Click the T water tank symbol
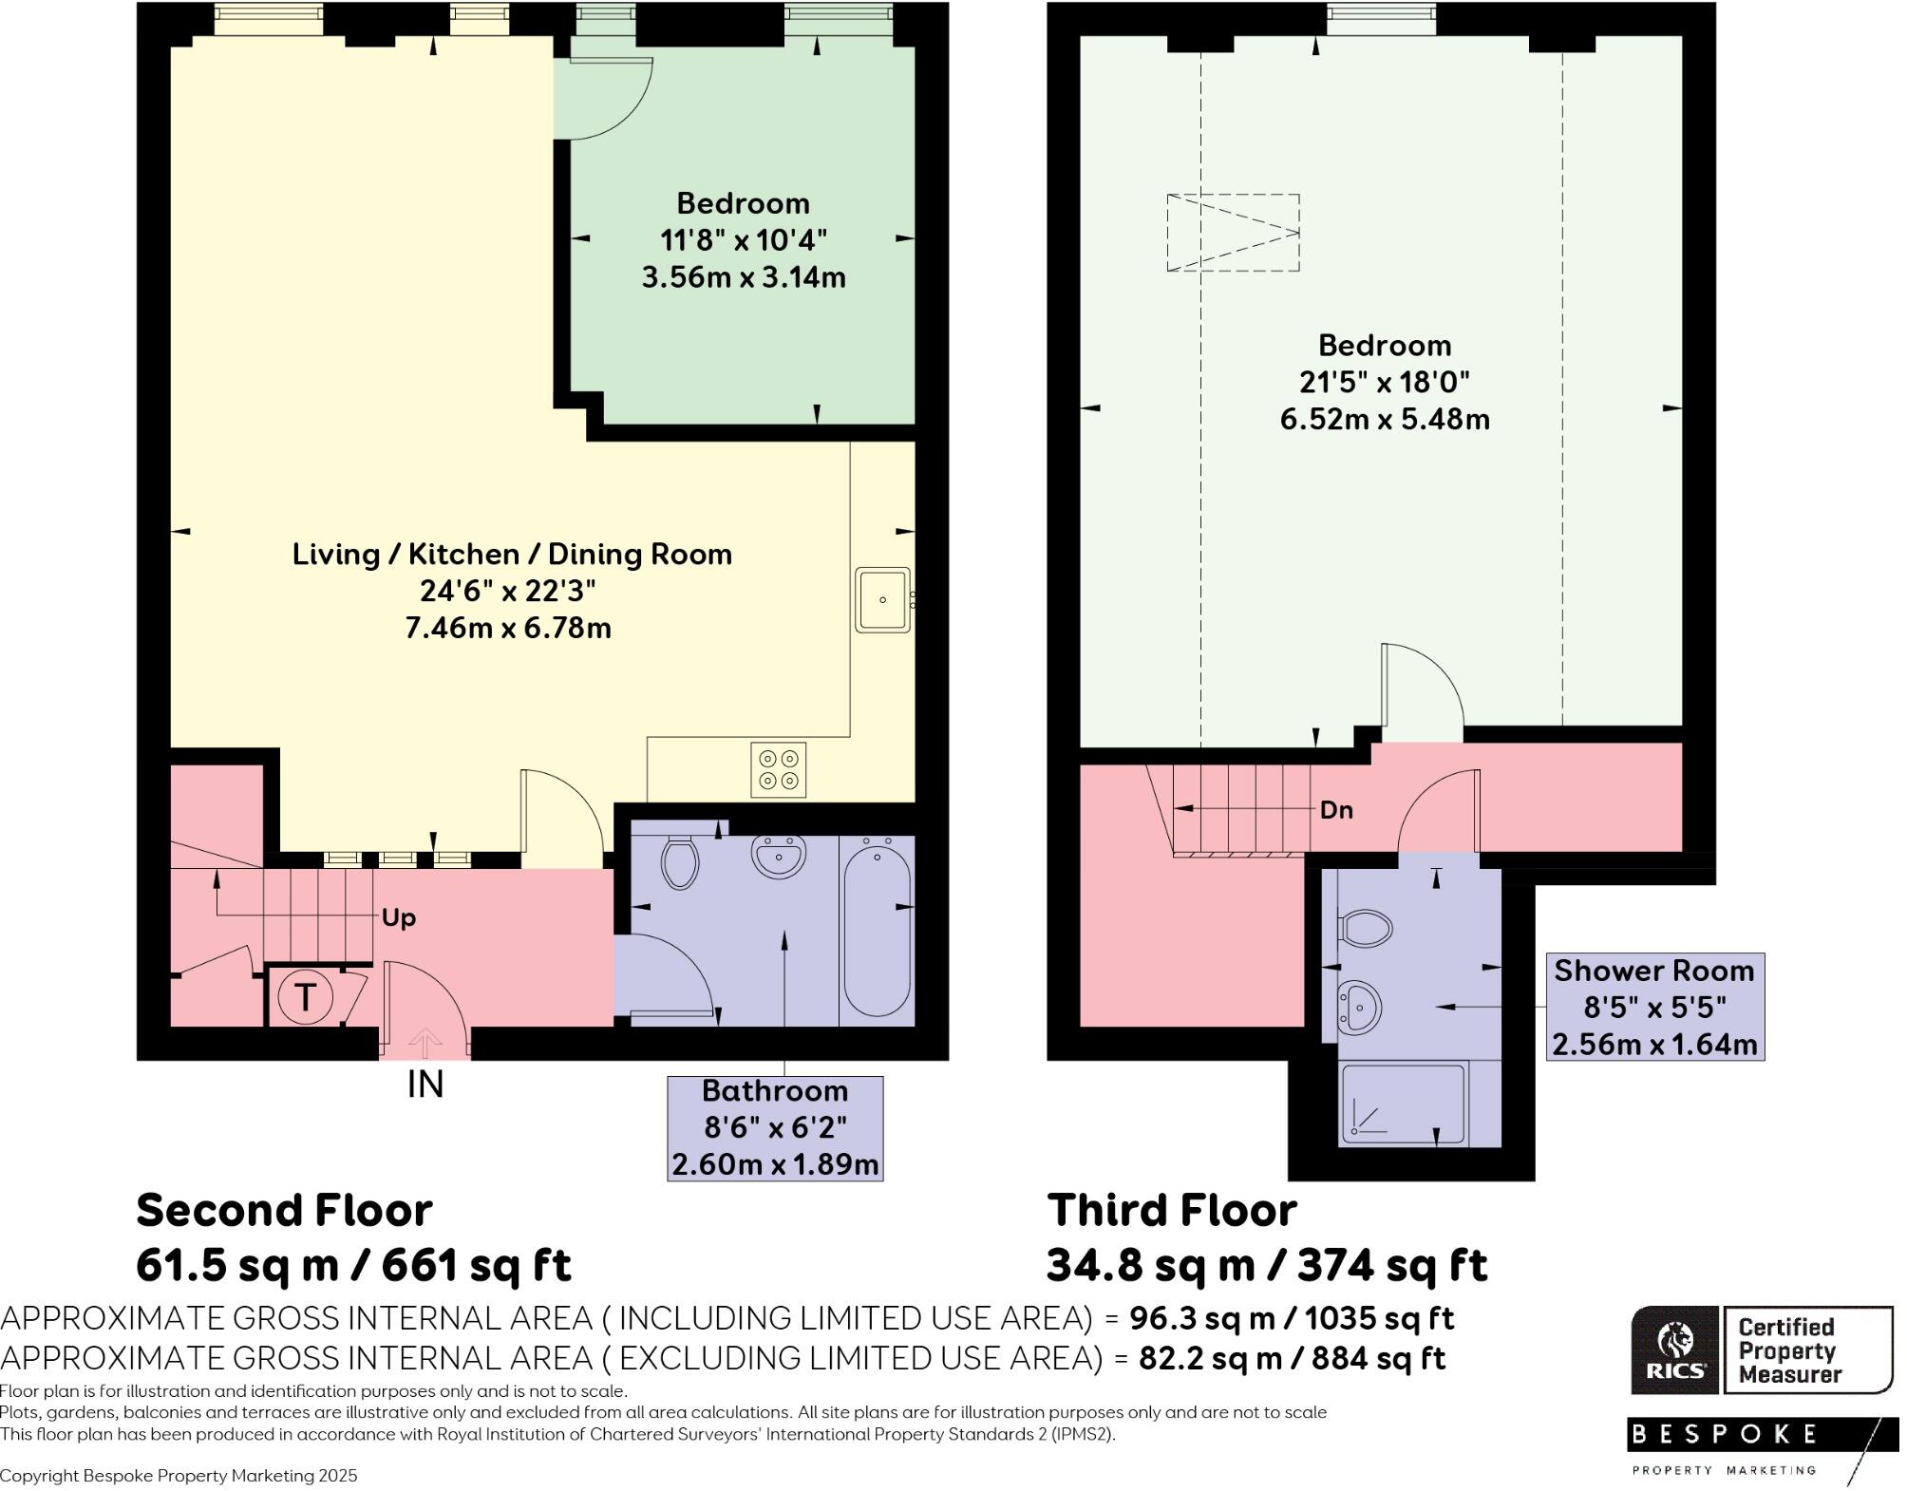point(305,997)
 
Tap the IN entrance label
point(425,1085)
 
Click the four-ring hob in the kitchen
point(779,770)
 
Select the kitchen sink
point(883,600)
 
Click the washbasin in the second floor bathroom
point(779,856)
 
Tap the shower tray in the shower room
point(1403,1104)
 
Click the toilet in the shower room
point(1366,928)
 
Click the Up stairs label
point(399,918)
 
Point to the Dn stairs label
point(1336,810)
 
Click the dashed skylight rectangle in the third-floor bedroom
point(1233,233)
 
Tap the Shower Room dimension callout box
point(1655,1008)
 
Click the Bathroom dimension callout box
point(775,1128)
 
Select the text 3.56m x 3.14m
point(744,278)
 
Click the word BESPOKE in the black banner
point(1724,1434)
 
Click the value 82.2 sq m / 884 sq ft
point(1292,1359)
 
